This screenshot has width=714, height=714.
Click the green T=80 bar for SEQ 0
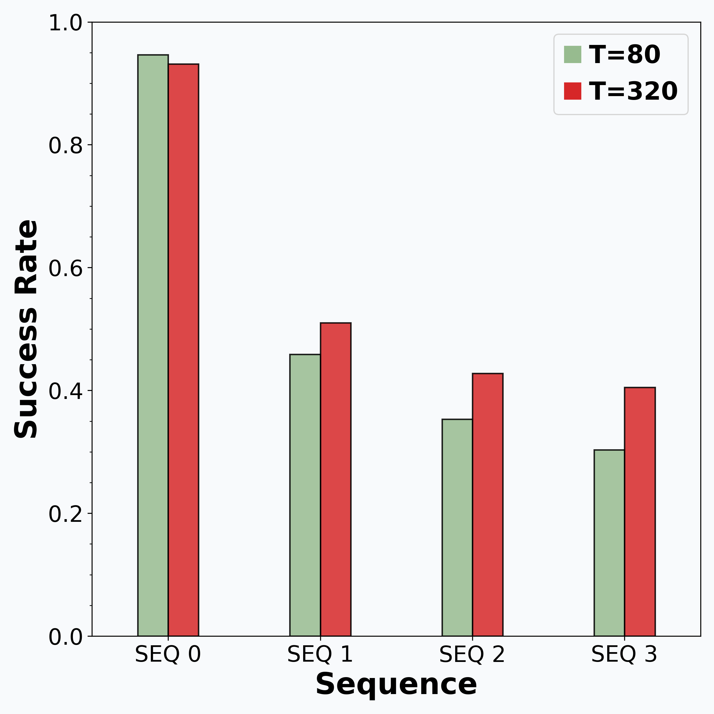coord(153,345)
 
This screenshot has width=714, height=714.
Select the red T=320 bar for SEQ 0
coord(184,350)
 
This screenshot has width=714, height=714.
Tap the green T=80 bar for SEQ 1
coord(305,495)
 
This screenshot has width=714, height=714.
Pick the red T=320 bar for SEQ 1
coord(336,479)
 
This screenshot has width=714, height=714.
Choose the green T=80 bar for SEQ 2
coord(457,528)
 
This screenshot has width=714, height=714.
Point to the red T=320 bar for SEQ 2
coord(488,505)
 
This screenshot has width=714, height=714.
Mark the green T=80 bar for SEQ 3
coord(609,543)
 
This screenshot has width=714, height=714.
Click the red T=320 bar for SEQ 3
coord(640,512)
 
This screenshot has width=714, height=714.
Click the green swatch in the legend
coord(572,54)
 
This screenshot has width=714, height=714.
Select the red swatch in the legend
coord(572,91)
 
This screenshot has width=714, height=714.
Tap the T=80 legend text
coord(624,55)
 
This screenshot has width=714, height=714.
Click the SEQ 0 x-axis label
coord(168,654)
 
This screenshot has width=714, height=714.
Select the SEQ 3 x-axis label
coord(624,654)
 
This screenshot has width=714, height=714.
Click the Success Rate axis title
coord(26,329)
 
